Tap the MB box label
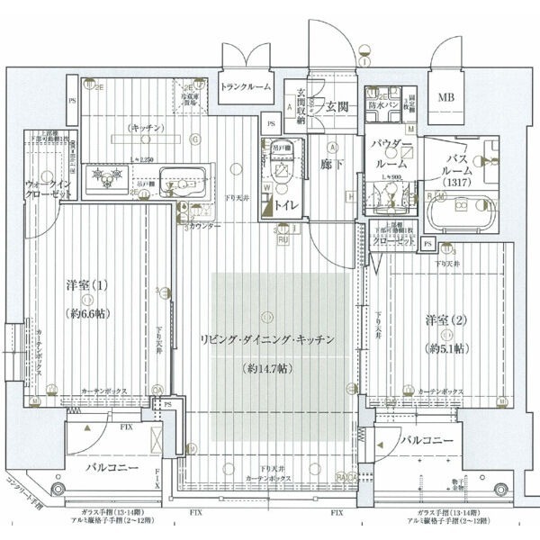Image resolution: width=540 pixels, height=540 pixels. click(447, 97)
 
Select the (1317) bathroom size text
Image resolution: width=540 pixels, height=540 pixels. click(462, 183)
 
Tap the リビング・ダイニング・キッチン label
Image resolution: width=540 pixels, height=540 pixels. click(267, 340)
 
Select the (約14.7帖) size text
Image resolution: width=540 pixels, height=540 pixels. click(267, 369)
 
